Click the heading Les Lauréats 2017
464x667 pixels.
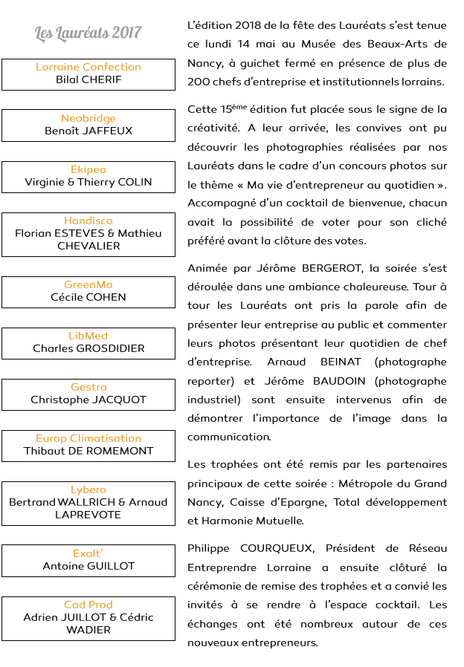pos(88,33)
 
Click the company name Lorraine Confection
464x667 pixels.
pos(88,67)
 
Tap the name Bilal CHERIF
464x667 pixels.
pos(88,79)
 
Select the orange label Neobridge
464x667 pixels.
pos(88,118)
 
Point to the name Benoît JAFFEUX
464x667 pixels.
pos(88,131)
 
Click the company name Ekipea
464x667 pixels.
pos(88,169)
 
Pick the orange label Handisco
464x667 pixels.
pos(88,221)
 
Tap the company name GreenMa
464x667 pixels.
pos(88,284)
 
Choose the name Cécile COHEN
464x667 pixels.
pos(88,297)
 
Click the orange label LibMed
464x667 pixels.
pos(88,336)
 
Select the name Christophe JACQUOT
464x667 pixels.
pos(88,400)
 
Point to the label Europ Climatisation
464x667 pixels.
pos(88,438)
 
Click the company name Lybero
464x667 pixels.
pos(88,489)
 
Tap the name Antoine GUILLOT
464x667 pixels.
pos(88,566)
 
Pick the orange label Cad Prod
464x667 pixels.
pos(88,605)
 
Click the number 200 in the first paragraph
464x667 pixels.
pos(199,82)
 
